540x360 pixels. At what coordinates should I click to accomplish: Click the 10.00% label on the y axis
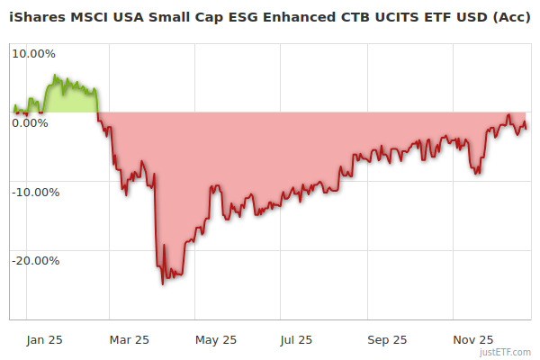tap(32, 53)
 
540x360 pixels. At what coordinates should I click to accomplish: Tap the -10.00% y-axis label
tap(32, 192)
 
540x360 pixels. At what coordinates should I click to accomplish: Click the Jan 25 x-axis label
tap(43, 340)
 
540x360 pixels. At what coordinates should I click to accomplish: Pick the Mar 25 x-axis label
tap(129, 340)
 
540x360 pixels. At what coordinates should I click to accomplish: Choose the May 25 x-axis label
tap(216, 340)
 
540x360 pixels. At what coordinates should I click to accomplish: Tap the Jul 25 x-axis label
tap(296, 340)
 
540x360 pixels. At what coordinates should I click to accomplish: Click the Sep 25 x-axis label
tap(388, 340)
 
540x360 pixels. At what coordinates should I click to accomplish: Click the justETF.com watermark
tap(505, 352)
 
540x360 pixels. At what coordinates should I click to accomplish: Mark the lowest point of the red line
tap(163, 284)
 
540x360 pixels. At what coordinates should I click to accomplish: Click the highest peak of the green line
tap(55, 76)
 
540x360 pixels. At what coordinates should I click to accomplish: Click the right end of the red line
tap(527, 126)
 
